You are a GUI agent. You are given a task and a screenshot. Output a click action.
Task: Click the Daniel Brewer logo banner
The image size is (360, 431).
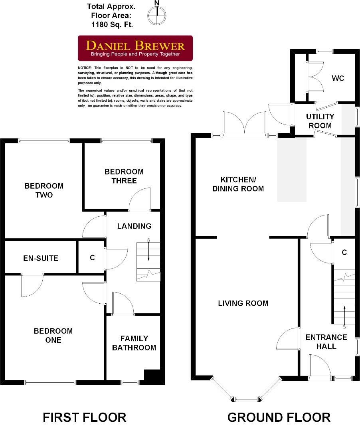135,48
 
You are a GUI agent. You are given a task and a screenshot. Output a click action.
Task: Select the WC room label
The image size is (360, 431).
338,78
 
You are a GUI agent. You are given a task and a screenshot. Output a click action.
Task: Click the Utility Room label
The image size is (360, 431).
320,121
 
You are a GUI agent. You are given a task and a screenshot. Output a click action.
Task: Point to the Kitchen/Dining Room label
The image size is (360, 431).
238,184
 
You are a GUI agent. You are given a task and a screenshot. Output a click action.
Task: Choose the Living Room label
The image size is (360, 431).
243,303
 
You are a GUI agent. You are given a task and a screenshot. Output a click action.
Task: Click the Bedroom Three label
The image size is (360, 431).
124,176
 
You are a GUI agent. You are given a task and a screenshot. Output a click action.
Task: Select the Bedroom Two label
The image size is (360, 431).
44,190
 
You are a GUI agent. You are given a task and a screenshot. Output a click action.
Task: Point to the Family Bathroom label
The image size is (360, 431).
134,343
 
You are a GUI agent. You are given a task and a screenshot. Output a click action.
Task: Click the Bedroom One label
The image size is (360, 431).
53,335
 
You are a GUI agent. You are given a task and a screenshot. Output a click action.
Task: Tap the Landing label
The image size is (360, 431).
134,226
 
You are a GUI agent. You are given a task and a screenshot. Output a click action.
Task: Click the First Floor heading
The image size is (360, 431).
84,417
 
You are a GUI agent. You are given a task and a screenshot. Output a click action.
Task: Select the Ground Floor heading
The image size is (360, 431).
279,417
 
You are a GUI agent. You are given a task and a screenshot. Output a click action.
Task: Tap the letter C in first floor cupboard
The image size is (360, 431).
92,258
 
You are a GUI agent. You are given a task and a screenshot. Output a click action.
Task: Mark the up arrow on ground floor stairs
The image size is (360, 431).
344,315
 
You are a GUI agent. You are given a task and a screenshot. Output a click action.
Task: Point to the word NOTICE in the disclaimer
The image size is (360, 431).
85,68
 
